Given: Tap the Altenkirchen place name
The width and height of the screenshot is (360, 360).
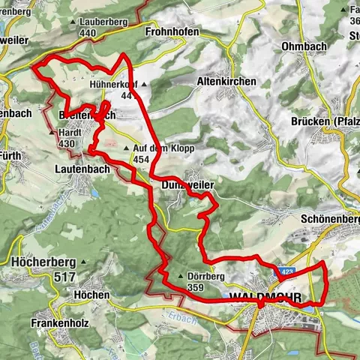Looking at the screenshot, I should click(226, 81).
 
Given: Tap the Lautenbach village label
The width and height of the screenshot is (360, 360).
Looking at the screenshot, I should click(82, 170).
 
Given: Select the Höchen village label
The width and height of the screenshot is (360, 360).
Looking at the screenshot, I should click(93, 295).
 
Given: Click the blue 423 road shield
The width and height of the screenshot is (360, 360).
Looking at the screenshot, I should click(285, 271).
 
